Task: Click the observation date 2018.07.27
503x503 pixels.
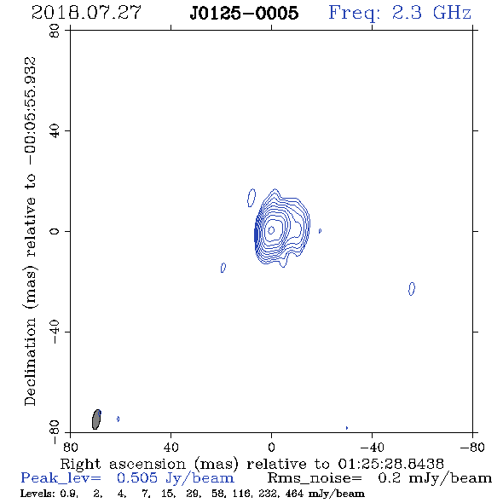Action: pyautogui.click(x=86, y=13)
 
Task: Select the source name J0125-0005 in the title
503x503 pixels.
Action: pyautogui.click(x=244, y=13)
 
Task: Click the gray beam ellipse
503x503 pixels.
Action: pyautogui.click(x=96, y=419)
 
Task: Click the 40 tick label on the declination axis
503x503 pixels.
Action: pyautogui.click(x=55, y=131)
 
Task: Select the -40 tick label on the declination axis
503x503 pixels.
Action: pyautogui.click(x=55, y=332)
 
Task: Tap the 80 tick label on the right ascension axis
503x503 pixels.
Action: pyautogui.click(x=70, y=448)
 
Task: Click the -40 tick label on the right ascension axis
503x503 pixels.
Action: pyautogui.click(x=372, y=448)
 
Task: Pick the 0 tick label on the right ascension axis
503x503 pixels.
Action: pyautogui.click(x=271, y=448)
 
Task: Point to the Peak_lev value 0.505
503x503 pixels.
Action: pyautogui.click(x=137, y=478)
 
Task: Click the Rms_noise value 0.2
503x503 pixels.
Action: pyautogui.click(x=389, y=478)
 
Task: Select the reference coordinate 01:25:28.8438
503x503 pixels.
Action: pyautogui.click(x=391, y=464)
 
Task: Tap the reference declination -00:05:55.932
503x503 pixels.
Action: pyautogui.click(x=31, y=111)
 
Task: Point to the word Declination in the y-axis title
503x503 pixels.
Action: pyautogui.click(x=30, y=361)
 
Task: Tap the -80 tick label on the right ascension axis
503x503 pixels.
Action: pyautogui.click(x=472, y=448)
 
